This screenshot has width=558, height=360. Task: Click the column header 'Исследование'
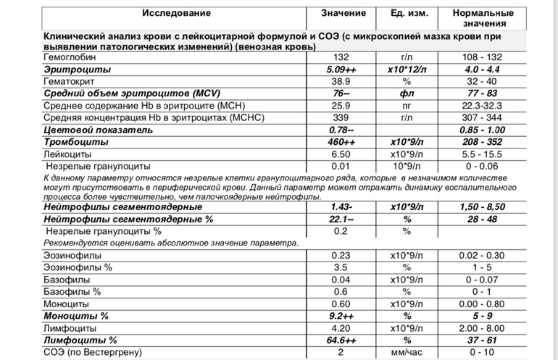tap(176, 14)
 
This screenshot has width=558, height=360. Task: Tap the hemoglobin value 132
tap(340, 57)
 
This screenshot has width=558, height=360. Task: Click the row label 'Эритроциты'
tap(78, 70)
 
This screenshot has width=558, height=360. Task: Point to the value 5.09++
tap(340, 70)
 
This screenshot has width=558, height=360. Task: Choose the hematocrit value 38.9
tap(340, 82)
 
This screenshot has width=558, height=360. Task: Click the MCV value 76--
tap(340, 93)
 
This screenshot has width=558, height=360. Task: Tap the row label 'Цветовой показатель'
tap(99, 130)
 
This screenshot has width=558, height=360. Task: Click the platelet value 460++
tap(340, 142)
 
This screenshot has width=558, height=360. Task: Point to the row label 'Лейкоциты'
tap(67, 154)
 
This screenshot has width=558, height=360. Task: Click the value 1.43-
tap(340, 207)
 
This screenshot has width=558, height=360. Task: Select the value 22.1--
tap(340, 219)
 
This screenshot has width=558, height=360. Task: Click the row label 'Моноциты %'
tap(76, 317)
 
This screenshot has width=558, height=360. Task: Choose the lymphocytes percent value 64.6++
tap(340, 340)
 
